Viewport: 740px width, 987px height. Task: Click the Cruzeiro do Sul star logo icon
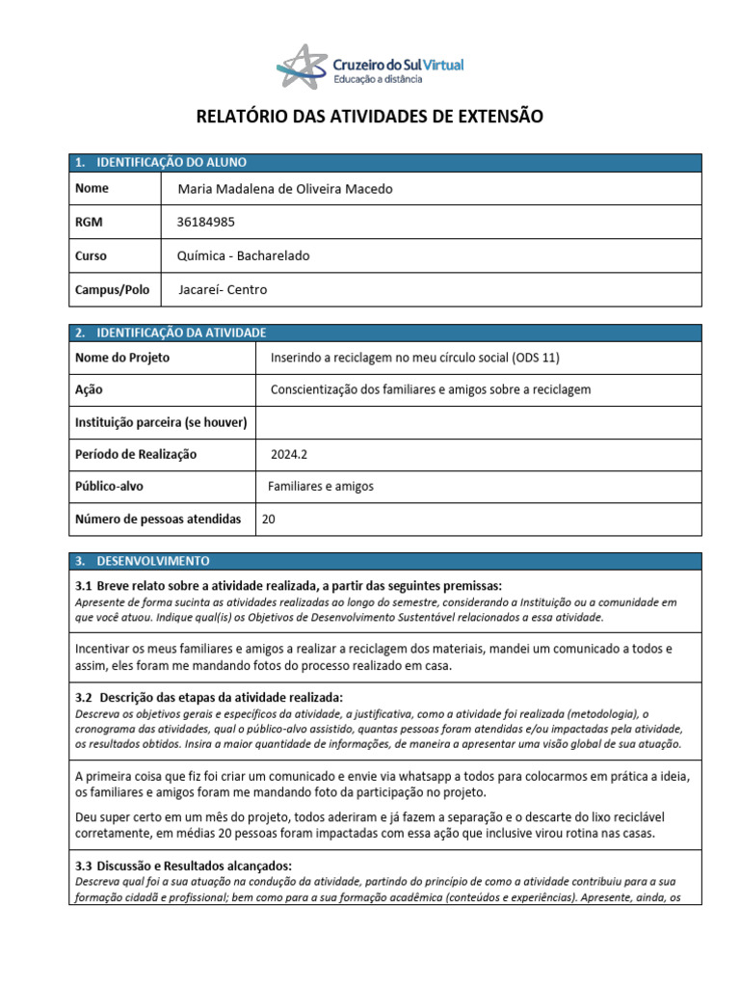point(301,67)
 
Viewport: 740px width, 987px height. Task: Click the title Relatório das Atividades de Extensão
point(370,118)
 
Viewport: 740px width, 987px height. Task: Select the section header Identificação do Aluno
point(166,163)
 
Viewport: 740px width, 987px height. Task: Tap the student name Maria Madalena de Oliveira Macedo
point(285,189)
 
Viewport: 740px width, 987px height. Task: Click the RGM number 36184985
point(205,222)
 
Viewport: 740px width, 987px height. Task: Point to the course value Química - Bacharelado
point(244,255)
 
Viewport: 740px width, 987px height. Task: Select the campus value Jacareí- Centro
point(223,289)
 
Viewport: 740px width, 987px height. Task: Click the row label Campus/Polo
point(105,289)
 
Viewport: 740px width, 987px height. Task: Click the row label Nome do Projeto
point(122,358)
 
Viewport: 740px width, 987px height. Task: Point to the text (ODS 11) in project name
point(537,358)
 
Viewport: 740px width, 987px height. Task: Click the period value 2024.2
point(288,454)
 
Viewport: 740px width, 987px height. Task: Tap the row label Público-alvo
point(109,487)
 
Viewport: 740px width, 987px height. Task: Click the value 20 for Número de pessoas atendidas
point(269,519)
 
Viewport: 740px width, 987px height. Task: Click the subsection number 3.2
point(84,697)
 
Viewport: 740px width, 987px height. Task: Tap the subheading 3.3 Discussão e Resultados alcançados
point(183,866)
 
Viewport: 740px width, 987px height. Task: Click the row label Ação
point(89,389)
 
